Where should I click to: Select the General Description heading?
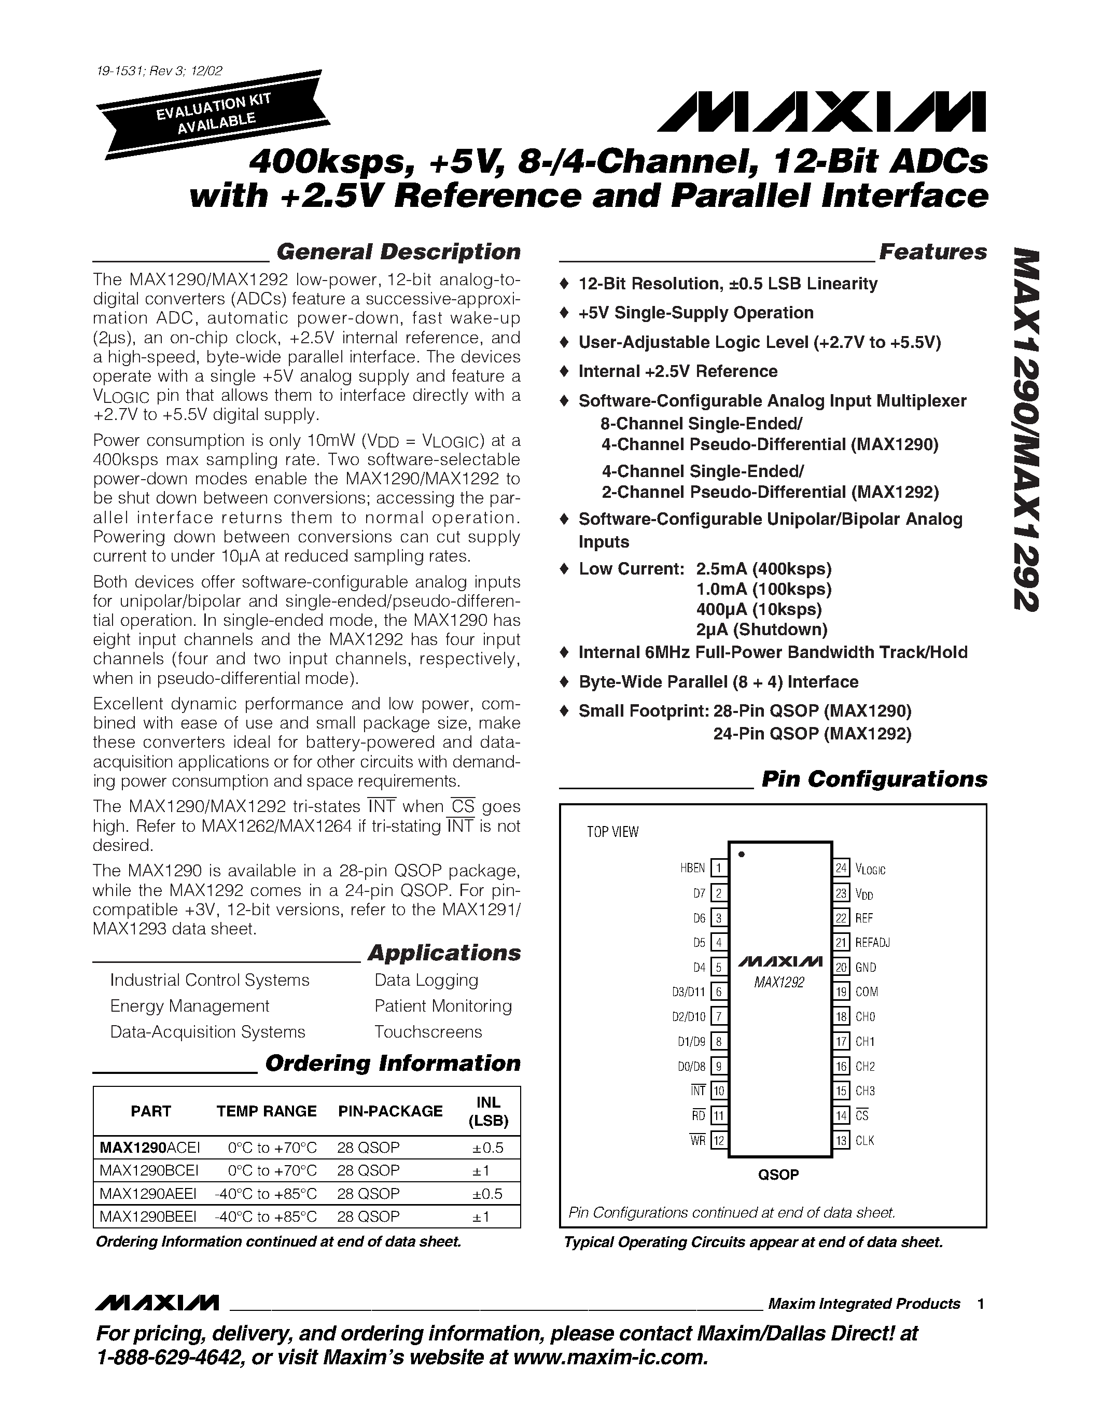(398, 252)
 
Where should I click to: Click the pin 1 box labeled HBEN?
(719, 868)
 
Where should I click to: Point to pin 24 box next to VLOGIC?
(841, 868)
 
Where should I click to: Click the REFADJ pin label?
(872, 942)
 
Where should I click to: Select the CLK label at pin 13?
(864, 1141)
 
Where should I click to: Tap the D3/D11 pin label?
(689, 992)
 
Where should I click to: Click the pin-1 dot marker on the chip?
(741, 854)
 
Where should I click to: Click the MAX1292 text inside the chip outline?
(779, 983)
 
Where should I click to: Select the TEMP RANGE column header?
(267, 1111)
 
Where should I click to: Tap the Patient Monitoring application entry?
(443, 1005)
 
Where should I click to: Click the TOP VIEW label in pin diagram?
(612, 832)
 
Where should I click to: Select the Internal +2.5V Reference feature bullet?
(678, 371)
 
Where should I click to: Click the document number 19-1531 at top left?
(120, 71)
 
